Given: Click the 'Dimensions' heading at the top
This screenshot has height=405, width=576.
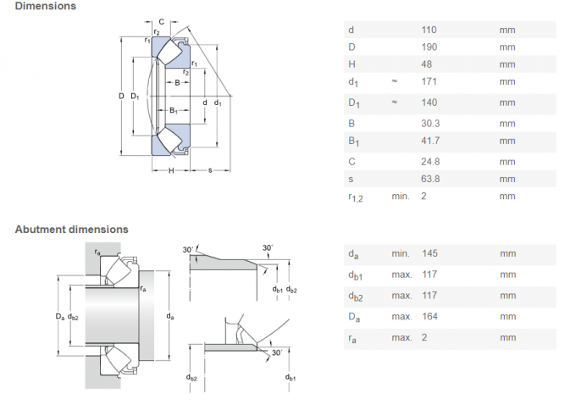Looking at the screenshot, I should (45, 6).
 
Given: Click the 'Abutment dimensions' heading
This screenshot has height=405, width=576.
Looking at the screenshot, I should (71, 229).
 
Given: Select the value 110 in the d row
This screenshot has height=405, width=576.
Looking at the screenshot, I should (429, 30).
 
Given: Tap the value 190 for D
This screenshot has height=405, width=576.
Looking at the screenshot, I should (429, 47).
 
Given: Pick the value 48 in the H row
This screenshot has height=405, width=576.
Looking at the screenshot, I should (426, 64).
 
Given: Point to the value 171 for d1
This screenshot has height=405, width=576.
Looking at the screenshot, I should (429, 82).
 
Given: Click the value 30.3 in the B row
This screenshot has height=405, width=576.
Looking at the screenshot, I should (430, 124).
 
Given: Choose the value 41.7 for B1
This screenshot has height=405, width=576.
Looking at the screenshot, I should (430, 141).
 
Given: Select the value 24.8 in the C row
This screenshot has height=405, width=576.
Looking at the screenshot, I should (430, 161).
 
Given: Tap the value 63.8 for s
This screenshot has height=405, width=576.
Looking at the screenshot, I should (430, 179).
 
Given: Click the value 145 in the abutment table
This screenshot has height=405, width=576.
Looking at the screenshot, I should (429, 253).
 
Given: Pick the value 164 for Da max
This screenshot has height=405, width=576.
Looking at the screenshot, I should (429, 317).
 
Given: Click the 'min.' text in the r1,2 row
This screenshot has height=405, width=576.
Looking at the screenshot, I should (400, 197).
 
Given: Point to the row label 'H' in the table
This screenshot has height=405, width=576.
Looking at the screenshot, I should (352, 64).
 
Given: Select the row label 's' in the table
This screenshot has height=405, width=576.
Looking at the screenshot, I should (351, 179).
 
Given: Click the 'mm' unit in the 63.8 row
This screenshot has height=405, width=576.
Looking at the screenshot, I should (507, 179).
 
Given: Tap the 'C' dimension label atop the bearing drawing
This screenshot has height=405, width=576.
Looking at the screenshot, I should (161, 20).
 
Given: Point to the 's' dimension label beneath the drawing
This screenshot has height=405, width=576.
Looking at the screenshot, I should (209, 171).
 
